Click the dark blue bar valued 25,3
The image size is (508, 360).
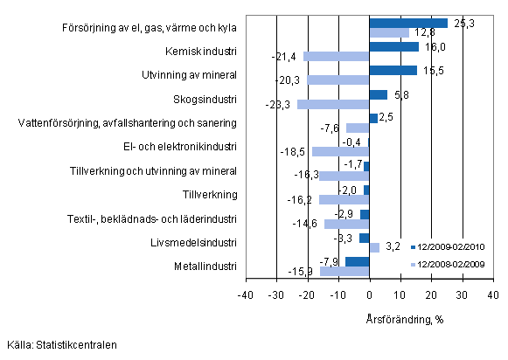408,23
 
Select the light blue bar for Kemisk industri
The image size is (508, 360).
337,57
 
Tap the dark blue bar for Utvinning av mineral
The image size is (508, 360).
393,70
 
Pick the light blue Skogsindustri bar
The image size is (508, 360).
334,104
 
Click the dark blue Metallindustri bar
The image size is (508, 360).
358,260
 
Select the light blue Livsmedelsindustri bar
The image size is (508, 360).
374,247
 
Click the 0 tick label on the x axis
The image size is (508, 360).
370,296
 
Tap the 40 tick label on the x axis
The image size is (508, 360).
492,296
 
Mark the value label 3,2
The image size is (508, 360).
392,247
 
